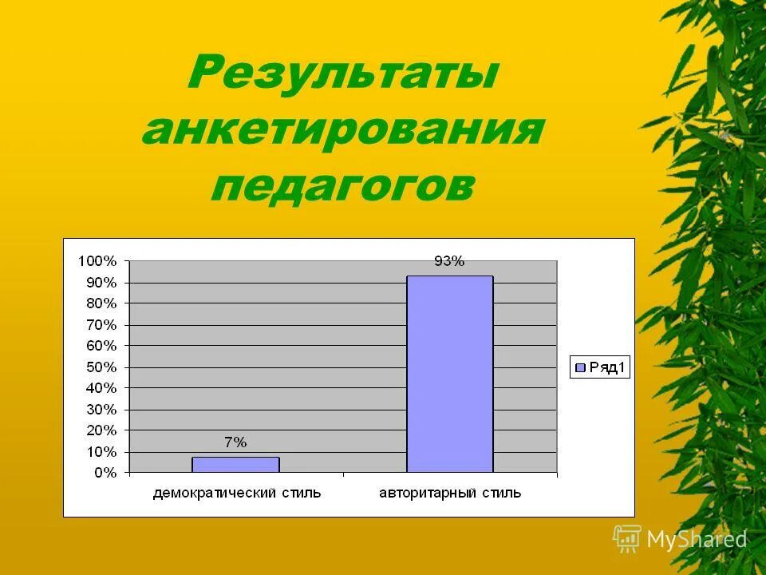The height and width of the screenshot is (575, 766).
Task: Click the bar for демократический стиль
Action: pyautogui.click(x=235, y=464)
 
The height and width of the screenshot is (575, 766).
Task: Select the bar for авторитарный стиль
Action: pyautogui.click(x=449, y=374)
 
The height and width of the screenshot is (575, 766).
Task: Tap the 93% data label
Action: pyautogui.click(x=448, y=261)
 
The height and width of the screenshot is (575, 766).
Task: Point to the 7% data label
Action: pyautogui.click(x=235, y=442)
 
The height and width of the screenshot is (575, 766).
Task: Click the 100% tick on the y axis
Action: pyautogui.click(x=97, y=261)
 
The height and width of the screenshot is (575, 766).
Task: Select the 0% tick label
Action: pyautogui.click(x=105, y=473)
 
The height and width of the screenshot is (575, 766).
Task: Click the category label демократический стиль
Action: pyautogui.click(x=237, y=493)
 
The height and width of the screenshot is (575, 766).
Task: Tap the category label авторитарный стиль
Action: pyautogui.click(x=449, y=493)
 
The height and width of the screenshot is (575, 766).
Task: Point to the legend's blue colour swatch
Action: pyautogui.click(x=581, y=367)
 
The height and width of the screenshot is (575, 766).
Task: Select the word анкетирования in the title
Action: pyautogui.click(x=343, y=130)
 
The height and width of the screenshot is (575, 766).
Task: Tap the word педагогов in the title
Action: pyautogui.click(x=343, y=184)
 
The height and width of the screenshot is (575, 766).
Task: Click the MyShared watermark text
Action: pyautogui.click(x=697, y=540)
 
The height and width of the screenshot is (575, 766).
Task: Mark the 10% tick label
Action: pyautogui.click(x=101, y=452)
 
